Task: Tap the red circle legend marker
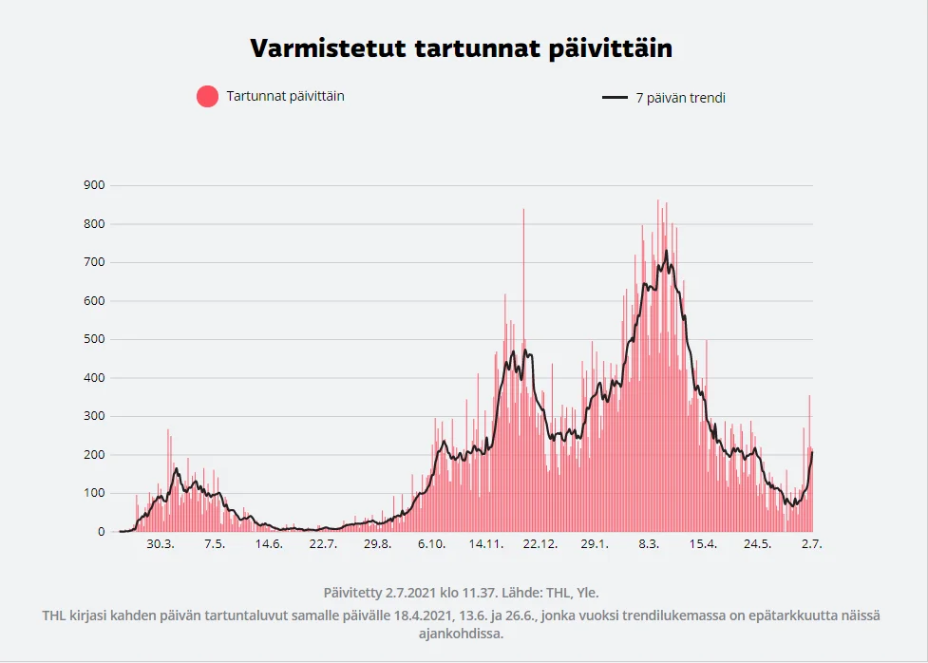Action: (207, 96)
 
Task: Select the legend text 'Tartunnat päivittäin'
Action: (285, 96)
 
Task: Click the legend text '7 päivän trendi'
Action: (680, 98)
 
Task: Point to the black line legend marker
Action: (616, 98)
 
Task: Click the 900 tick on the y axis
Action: (93, 185)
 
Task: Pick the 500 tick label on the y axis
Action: (93, 339)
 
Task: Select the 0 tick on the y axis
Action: (101, 532)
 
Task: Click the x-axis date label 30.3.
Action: (161, 544)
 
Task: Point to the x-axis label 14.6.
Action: (269, 544)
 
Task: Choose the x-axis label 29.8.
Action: (377, 544)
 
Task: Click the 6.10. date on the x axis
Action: (431, 544)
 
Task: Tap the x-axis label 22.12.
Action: (540, 544)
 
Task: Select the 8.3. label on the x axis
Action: (649, 544)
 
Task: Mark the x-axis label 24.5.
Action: (757, 544)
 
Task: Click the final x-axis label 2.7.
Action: (811, 544)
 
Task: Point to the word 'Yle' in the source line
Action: (587, 592)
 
